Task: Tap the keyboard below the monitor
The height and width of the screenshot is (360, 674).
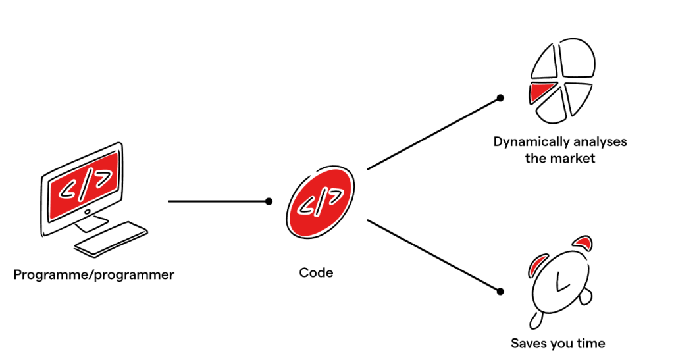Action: pyautogui.click(x=111, y=239)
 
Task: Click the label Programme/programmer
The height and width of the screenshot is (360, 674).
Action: pyautogui.click(x=94, y=275)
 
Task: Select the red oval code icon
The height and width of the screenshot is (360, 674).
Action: pyautogui.click(x=320, y=201)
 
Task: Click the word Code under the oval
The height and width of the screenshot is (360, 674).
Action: pyautogui.click(x=316, y=272)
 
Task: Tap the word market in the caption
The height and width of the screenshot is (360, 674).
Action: pyautogui.click(x=573, y=159)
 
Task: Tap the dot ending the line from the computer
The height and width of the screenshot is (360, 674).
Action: pyautogui.click(x=269, y=201)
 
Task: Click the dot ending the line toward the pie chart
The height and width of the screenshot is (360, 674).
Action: pyautogui.click(x=500, y=98)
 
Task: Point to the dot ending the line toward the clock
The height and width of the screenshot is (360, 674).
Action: pyautogui.click(x=500, y=291)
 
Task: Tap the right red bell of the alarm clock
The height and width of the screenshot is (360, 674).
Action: pyautogui.click(x=582, y=243)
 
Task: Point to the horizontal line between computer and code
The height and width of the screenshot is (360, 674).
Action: pyautogui.click(x=217, y=201)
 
